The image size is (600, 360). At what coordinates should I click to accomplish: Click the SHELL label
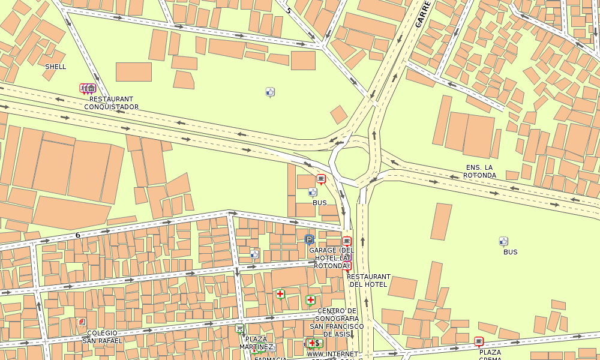click(56, 67)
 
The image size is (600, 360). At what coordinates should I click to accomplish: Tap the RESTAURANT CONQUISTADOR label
click(111, 103)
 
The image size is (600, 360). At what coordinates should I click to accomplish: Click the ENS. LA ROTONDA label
click(480, 171)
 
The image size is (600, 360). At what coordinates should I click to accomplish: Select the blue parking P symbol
click(309, 239)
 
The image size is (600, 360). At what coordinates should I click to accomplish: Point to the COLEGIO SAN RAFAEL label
click(102, 337)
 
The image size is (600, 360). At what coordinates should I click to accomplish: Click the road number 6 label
click(77, 235)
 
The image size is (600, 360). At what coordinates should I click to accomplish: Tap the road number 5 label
click(288, 10)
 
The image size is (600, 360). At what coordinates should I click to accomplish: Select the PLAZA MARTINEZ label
click(256, 343)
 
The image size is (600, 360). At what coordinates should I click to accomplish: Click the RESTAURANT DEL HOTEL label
click(368, 280)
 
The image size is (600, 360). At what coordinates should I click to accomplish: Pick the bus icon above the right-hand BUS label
click(503, 241)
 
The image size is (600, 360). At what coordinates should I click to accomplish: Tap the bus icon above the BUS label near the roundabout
click(312, 192)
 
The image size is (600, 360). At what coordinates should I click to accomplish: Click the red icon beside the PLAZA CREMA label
click(479, 341)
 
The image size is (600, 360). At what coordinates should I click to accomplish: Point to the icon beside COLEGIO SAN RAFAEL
click(82, 322)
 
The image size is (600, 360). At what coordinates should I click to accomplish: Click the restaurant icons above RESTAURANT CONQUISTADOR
click(88, 88)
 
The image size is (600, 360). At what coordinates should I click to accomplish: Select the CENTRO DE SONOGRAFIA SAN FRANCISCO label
click(337, 322)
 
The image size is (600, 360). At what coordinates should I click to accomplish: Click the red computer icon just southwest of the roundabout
click(321, 178)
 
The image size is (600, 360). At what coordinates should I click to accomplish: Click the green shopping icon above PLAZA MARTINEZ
click(239, 328)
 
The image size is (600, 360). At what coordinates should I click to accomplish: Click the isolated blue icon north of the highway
click(269, 92)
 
